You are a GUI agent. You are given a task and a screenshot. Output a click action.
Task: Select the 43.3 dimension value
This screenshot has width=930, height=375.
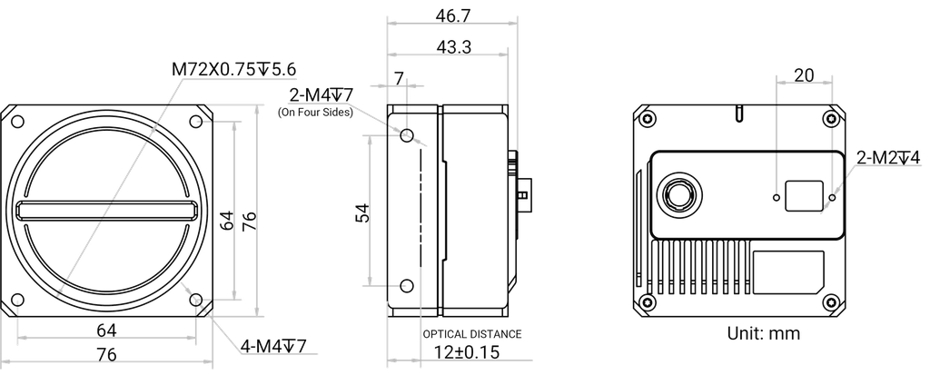click(445, 47)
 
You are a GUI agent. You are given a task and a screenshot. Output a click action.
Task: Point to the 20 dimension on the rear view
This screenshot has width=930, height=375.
click(802, 76)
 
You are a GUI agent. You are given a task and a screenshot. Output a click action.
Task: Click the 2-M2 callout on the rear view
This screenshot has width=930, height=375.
click(885, 157)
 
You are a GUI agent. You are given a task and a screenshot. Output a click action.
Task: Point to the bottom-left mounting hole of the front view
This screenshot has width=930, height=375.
click(16, 301)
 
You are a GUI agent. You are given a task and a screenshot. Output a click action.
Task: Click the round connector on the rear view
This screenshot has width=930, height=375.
click(678, 194)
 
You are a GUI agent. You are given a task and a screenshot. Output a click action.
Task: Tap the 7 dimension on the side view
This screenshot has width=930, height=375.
click(401, 80)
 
